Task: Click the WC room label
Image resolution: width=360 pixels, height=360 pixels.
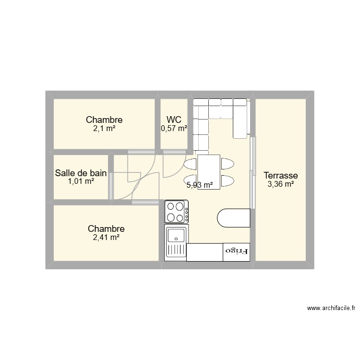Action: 174,120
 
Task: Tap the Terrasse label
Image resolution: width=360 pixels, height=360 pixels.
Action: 281,175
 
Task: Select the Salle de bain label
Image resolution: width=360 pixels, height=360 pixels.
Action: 81,173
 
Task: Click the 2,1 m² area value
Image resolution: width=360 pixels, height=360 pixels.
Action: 104,128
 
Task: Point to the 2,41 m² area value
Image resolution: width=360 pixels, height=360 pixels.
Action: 106,237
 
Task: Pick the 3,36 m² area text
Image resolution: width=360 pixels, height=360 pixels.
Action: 281,183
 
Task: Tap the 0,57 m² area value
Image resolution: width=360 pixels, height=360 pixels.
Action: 174,128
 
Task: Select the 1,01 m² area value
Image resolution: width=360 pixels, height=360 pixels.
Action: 81,181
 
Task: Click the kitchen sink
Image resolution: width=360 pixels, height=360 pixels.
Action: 176,243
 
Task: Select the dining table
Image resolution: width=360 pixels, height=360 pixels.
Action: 209,171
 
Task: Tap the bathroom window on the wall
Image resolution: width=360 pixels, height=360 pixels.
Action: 111,185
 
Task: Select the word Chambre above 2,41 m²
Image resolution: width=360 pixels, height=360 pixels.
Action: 106,229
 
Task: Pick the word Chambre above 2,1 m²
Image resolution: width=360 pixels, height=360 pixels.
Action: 104,120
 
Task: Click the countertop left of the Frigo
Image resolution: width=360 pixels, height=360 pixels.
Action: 205,252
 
